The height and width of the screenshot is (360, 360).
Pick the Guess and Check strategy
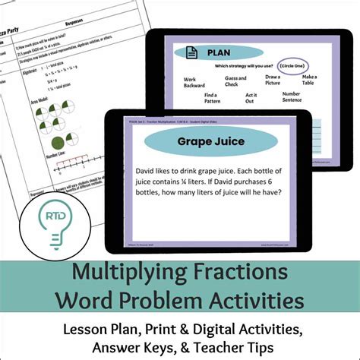point(237,81)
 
